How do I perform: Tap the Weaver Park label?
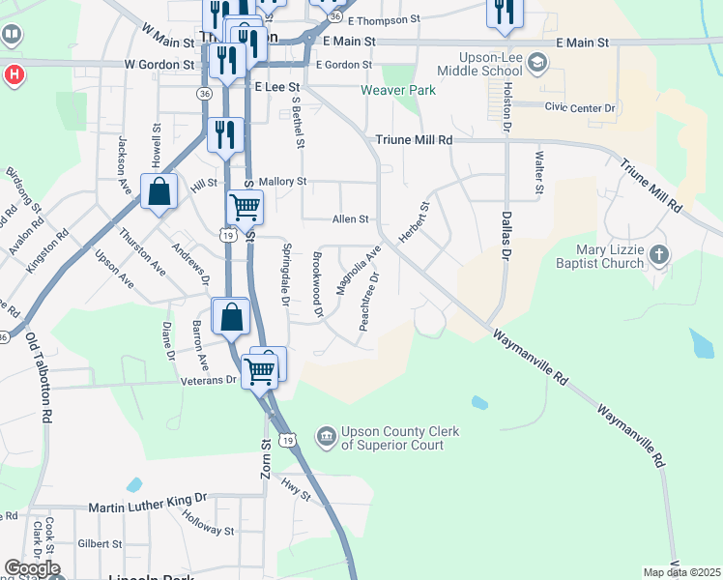pyautogui.click(x=398, y=91)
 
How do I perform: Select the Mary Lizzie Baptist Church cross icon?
pyautogui.click(x=658, y=255)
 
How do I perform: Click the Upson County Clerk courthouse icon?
pyautogui.click(x=327, y=438)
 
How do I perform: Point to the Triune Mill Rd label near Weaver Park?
pyautogui.click(x=414, y=140)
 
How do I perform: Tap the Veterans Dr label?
pyautogui.click(x=209, y=380)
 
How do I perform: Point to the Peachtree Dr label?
pyautogui.click(x=369, y=302)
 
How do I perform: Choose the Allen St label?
pyautogui.click(x=351, y=219)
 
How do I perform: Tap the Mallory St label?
pyautogui.click(x=282, y=181)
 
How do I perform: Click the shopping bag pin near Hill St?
pyautogui.click(x=159, y=192)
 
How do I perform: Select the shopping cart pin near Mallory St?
pyautogui.click(x=246, y=207)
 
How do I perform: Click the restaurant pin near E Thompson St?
pyautogui.click(x=504, y=12)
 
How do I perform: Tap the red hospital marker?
pyautogui.click(x=14, y=74)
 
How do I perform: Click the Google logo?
pyautogui.click(x=32, y=568)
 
